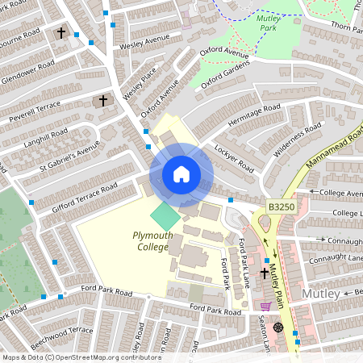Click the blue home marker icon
point(181,174)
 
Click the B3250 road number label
point(282,207)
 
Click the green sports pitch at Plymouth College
point(166,215)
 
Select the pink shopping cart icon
point(265,307)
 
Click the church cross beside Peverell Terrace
point(102,101)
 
